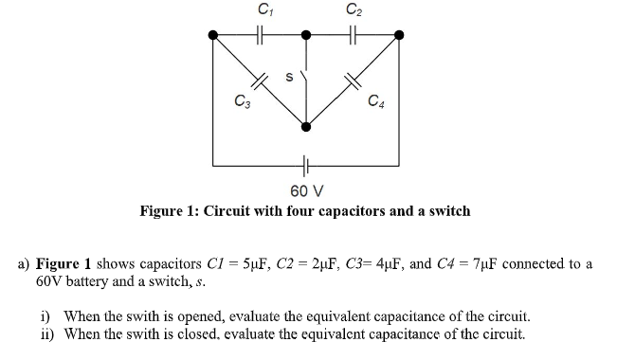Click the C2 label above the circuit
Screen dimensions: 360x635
[354, 9]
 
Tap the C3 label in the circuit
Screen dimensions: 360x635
[243, 99]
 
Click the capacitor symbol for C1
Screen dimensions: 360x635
[261, 35]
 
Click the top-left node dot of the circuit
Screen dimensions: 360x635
[213, 35]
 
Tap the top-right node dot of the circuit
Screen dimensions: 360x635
[398, 35]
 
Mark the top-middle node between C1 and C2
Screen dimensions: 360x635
[305, 35]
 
